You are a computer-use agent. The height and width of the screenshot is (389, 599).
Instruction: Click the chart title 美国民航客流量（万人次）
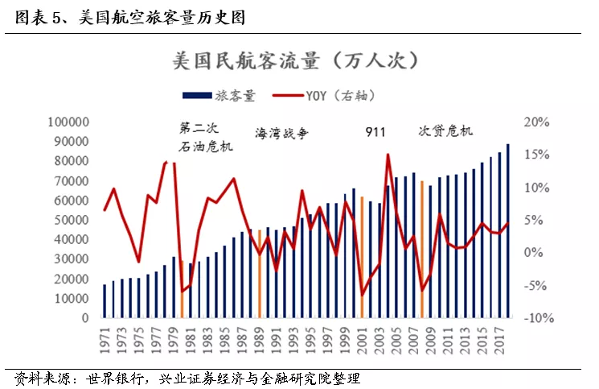(x=296, y=60)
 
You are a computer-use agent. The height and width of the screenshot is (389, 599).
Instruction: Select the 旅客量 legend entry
(x=219, y=95)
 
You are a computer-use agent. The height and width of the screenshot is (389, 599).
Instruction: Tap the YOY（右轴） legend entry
(x=324, y=95)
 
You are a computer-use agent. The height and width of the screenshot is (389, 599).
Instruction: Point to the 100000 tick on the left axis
(x=69, y=122)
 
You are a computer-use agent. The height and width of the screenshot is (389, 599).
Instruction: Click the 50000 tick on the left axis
(x=72, y=220)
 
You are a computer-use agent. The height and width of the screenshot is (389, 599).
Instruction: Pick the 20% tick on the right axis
(x=536, y=122)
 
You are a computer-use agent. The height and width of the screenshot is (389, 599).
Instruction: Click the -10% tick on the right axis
(x=539, y=318)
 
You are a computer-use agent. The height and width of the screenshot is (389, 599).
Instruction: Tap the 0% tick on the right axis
(x=533, y=252)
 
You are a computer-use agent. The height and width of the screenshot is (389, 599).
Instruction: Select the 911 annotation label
(x=375, y=132)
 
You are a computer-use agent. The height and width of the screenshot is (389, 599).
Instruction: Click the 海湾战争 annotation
(x=282, y=134)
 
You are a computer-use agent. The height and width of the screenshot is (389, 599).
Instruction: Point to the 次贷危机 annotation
(x=445, y=131)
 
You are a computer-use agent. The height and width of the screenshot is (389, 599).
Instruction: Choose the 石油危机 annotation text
(x=206, y=147)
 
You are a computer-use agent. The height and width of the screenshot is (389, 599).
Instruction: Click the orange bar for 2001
(x=362, y=257)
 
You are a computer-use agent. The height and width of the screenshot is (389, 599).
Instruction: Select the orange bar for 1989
(x=260, y=274)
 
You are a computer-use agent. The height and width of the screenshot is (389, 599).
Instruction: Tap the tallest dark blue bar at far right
(x=508, y=231)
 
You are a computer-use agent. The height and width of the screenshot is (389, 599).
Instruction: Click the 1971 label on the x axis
(x=105, y=340)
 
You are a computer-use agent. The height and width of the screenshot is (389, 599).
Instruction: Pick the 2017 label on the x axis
(x=499, y=340)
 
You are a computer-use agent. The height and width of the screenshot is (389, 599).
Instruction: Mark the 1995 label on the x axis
(x=310, y=340)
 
